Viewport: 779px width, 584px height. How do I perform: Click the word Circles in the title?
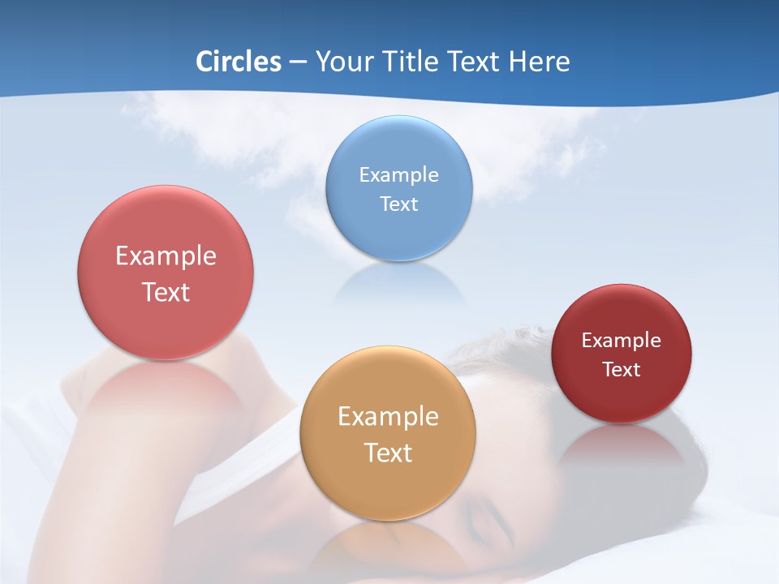(x=238, y=62)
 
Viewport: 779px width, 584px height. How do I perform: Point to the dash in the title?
(x=297, y=62)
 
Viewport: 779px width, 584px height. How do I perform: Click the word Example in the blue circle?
(x=398, y=174)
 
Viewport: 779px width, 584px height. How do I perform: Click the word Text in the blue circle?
(x=398, y=204)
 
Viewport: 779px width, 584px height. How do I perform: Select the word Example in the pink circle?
(x=166, y=255)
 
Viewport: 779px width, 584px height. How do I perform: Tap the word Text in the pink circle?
(x=166, y=292)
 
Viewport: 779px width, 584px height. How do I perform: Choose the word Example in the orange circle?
(x=388, y=416)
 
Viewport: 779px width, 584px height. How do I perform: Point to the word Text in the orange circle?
(x=388, y=453)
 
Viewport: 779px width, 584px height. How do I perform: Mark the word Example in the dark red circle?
(x=622, y=340)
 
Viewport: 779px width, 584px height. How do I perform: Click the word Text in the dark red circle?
(x=622, y=370)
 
